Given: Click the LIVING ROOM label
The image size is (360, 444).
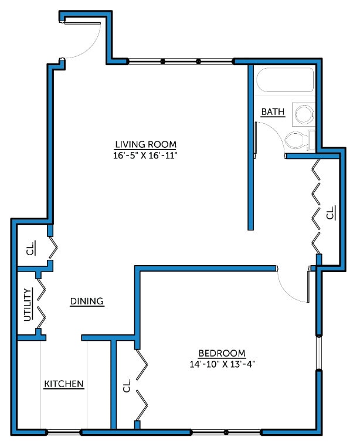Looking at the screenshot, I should [x=145, y=144].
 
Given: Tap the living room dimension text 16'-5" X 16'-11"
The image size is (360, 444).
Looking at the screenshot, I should [x=145, y=155].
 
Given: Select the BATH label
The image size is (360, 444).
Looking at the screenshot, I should [x=273, y=111].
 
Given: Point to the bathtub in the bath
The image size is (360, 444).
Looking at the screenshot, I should [x=285, y=82].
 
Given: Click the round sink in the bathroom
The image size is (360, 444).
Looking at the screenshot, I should [x=304, y=114].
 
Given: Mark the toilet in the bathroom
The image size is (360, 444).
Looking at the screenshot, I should [x=297, y=140].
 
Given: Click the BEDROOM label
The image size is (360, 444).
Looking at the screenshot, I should [x=221, y=353].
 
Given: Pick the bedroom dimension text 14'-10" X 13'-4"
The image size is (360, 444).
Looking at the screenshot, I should [x=221, y=364].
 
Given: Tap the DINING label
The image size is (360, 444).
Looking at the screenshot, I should [x=87, y=301].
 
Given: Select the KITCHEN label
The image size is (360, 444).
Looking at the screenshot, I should [x=64, y=384].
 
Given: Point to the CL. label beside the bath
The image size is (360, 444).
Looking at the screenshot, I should [x=331, y=212].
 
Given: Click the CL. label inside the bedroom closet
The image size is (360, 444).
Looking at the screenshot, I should [x=126, y=386].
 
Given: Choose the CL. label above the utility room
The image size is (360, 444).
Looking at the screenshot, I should [x=30, y=248].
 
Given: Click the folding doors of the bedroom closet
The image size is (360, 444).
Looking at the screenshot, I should [x=142, y=385].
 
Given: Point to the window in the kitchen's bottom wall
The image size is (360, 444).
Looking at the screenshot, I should [x=64, y=433].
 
